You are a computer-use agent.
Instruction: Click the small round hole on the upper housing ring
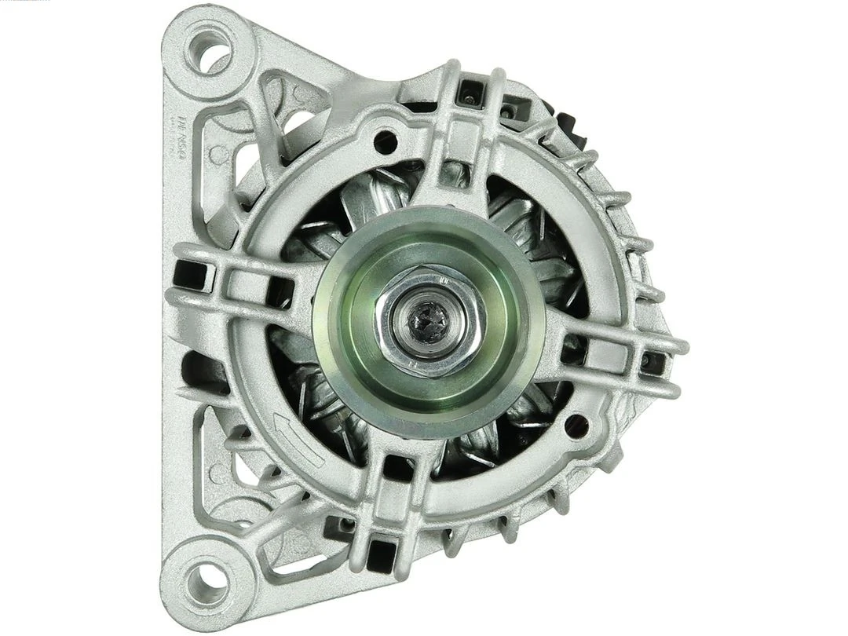pos(386,142)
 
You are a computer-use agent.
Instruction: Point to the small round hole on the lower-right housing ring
pos(579,426)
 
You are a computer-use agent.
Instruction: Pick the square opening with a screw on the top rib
pos(470,97)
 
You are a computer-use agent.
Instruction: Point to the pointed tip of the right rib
pos(685,346)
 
